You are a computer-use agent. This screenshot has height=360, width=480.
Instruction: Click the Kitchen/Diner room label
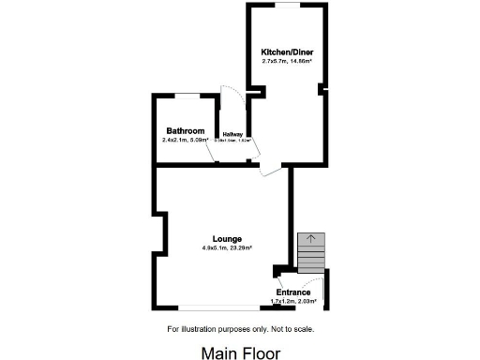point(286,52)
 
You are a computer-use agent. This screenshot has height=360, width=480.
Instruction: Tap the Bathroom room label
point(186,131)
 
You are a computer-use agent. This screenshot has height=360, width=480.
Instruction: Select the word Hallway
point(232,134)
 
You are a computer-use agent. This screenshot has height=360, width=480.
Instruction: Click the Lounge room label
point(227,239)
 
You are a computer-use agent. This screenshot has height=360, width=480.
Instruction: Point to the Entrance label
point(292,292)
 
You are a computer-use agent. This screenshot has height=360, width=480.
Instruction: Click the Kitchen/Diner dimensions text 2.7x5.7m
point(274,61)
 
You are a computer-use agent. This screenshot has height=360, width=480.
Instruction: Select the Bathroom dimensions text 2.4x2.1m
point(175,140)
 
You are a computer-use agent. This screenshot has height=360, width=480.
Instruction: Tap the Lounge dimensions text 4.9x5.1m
point(217,247)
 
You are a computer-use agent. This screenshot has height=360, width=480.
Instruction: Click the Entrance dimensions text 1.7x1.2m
point(282,301)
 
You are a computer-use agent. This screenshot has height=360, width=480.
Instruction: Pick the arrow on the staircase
point(311,240)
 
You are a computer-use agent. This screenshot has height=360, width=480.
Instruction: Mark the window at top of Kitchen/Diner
point(286,5)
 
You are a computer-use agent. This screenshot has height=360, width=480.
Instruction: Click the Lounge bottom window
point(220,309)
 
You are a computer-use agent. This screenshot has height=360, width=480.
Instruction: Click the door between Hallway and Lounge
point(270,170)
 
